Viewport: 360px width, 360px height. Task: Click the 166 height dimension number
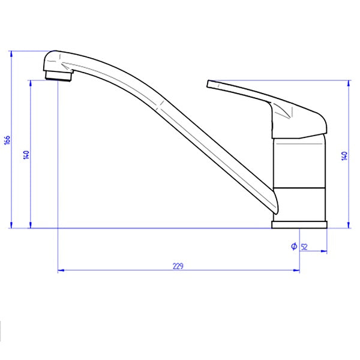pyautogui.click(x=7, y=140)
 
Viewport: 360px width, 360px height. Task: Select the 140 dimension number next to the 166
pyautogui.click(x=26, y=155)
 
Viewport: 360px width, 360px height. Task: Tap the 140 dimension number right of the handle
pyautogui.click(x=344, y=155)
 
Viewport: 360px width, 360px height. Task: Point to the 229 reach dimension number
pyautogui.click(x=178, y=265)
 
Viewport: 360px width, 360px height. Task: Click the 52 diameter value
pyautogui.click(x=304, y=247)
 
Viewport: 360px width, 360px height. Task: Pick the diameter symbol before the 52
pyautogui.click(x=293, y=247)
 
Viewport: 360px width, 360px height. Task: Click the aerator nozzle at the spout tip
pyautogui.click(x=59, y=75)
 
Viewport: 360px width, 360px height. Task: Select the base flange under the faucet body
pyautogui.click(x=299, y=225)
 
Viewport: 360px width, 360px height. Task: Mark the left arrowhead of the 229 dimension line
pyautogui.click(x=60, y=271)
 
